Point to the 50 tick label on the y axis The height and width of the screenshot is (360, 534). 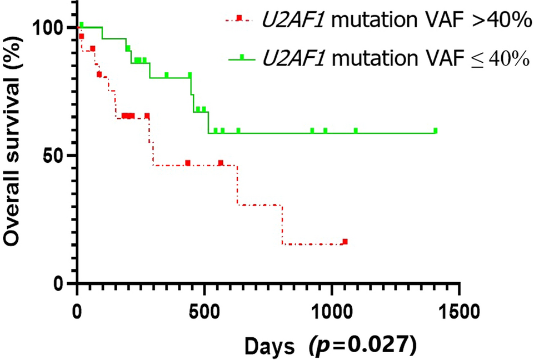tap(57, 156)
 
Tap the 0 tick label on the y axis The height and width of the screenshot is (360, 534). tap(62, 284)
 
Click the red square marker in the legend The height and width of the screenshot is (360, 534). tap(239, 18)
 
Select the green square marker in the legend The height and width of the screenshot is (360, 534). tap(241, 57)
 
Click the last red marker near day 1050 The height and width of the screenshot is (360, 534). tap(345, 242)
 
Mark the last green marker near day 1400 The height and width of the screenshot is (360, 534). tap(435, 131)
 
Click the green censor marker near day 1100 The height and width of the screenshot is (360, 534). tap(356, 131)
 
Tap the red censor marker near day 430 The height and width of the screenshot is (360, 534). tap(188, 163)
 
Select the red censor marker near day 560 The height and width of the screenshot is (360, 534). tap(221, 163)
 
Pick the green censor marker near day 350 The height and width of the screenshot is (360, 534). tap(167, 75)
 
